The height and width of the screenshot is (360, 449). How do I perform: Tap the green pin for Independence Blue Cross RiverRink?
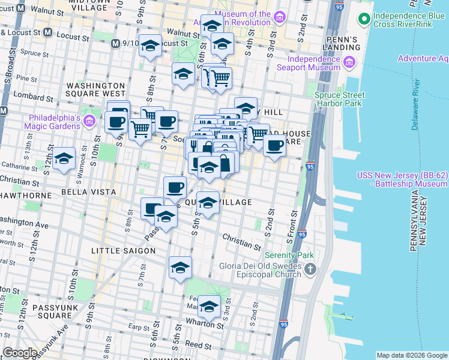point(363,19)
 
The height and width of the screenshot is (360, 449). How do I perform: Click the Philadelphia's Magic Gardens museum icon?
point(89,122)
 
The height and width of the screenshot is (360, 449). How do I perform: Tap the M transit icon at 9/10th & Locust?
point(116,43)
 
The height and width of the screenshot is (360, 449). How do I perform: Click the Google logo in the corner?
point(20,353)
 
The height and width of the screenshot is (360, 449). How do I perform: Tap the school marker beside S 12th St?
point(64,159)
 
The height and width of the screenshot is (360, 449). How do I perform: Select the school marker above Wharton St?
point(209,307)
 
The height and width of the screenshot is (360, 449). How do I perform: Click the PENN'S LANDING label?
point(340,43)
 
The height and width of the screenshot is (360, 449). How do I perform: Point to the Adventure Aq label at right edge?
point(423,58)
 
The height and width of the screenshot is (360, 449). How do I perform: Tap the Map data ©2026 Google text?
point(411,355)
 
